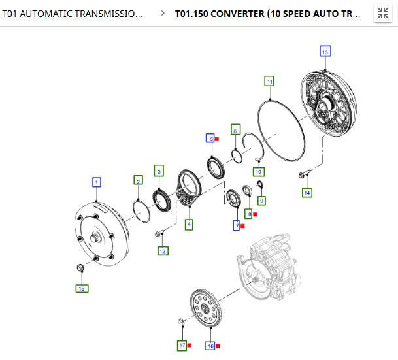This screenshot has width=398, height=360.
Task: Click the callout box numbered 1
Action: click(x=96, y=182)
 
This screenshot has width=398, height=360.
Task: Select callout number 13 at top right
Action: click(x=325, y=51)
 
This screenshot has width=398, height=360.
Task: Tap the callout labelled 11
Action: click(x=269, y=81)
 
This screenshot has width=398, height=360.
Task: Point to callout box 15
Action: click(x=82, y=288)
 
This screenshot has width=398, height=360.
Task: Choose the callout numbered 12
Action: click(x=163, y=250)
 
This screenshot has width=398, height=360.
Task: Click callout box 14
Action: click(x=307, y=192)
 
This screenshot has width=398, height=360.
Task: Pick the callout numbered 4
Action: click(x=189, y=224)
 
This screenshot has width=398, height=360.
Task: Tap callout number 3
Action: click(x=158, y=171)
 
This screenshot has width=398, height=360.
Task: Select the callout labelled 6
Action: click(x=235, y=129)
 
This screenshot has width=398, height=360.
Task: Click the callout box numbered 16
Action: click(x=210, y=346)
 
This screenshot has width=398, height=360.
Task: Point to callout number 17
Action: click(x=182, y=346)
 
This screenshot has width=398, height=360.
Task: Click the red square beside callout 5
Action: click(x=217, y=139)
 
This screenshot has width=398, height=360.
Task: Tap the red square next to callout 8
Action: click(x=256, y=214)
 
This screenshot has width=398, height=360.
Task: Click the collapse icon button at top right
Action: click(x=382, y=13)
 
